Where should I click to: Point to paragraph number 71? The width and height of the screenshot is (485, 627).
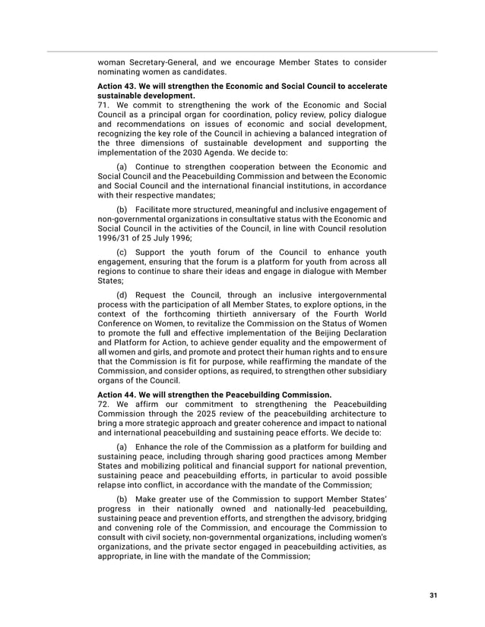[x=104, y=105]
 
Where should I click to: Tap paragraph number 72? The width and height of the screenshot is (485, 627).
[x=104, y=404]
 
